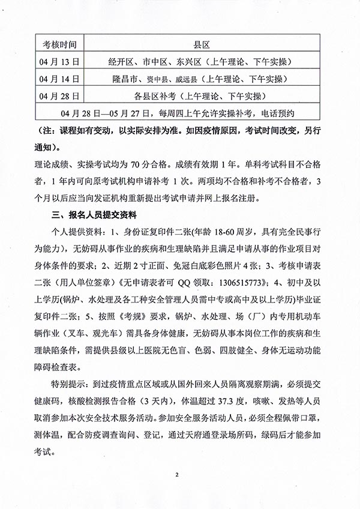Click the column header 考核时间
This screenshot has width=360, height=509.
(x=60, y=45)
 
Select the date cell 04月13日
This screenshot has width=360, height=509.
(x=61, y=62)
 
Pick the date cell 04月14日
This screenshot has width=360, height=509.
(x=61, y=79)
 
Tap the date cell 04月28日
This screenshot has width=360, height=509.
(x=61, y=95)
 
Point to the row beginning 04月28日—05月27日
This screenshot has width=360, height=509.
(x=180, y=112)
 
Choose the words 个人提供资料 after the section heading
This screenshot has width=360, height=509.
(x=75, y=231)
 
